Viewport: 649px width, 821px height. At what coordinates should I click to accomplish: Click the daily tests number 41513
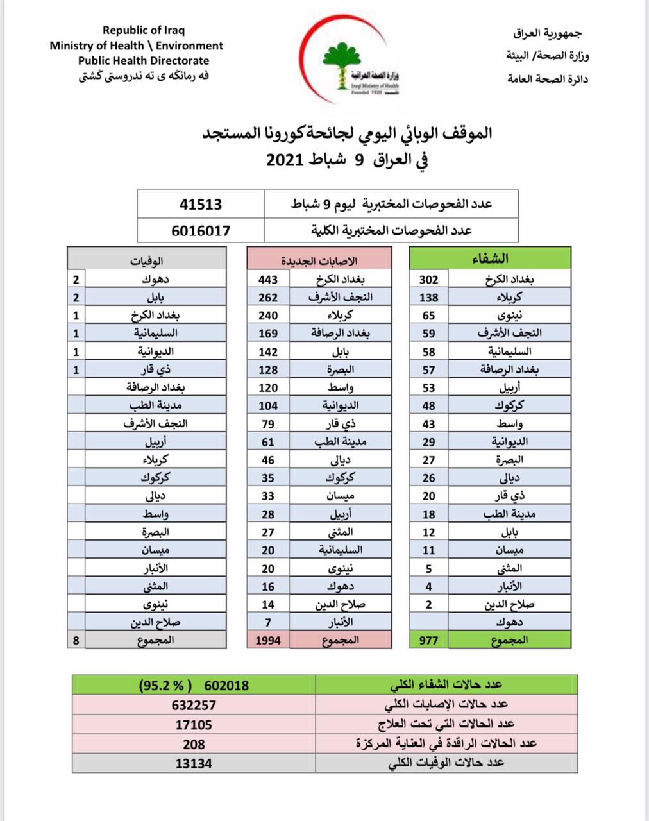pyautogui.click(x=201, y=204)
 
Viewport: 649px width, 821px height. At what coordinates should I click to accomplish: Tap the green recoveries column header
pyautogui.click(x=490, y=258)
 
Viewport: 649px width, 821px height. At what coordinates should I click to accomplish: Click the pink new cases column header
pyautogui.click(x=319, y=260)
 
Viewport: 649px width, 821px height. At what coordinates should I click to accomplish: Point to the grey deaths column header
pyautogui.click(x=147, y=260)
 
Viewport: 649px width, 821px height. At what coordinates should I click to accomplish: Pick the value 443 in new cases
pyautogui.click(x=268, y=279)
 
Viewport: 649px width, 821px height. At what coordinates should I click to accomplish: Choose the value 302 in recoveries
pyautogui.click(x=428, y=279)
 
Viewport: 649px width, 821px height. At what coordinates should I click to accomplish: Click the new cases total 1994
pyautogui.click(x=268, y=639)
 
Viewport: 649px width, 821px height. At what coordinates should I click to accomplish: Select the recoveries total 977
pyautogui.click(x=428, y=639)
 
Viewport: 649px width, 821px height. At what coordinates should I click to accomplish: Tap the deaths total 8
pyautogui.click(x=76, y=639)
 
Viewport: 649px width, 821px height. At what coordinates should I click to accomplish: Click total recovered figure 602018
pyautogui.click(x=226, y=685)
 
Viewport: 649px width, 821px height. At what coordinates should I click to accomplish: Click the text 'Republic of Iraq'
pyautogui.click(x=144, y=30)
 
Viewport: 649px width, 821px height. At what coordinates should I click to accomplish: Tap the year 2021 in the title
pyautogui.click(x=289, y=160)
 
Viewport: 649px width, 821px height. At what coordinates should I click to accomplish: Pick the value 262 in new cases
pyautogui.click(x=268, y=297)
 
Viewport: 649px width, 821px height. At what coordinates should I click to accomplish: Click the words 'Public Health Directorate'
pyautogui.click(x=144, y=61)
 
